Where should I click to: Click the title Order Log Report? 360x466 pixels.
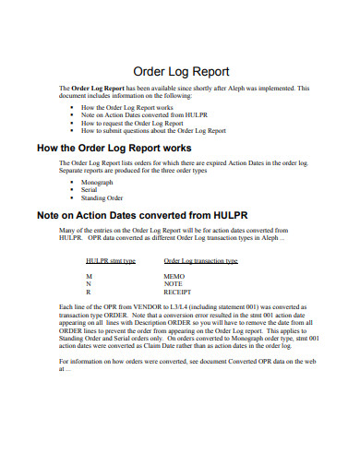click(182, 71)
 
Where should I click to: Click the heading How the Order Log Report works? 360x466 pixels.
click(114, 148)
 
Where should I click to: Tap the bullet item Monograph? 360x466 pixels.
click(99, 183)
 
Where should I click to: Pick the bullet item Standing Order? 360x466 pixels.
click(102, 197)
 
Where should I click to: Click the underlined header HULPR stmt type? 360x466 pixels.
click(111, 261)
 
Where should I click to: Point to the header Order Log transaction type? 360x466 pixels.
click(201, 261)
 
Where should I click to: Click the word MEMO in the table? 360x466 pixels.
click(174, 276)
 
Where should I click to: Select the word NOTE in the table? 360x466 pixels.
click(174, 283)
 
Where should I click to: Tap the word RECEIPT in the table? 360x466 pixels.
click(178, 291)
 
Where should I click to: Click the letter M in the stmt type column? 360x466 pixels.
click(89, 276)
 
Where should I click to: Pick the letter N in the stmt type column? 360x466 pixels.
click(89, 283)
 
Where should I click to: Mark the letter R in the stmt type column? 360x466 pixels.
click(89, 291)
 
